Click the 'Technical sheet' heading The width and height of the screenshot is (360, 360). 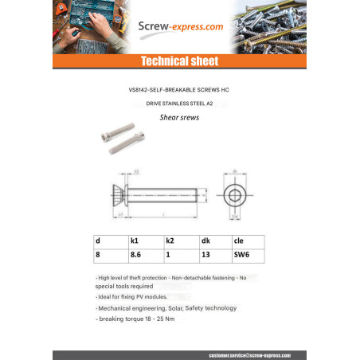point(179,61)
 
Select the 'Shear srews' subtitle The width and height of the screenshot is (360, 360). point(179,116)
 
